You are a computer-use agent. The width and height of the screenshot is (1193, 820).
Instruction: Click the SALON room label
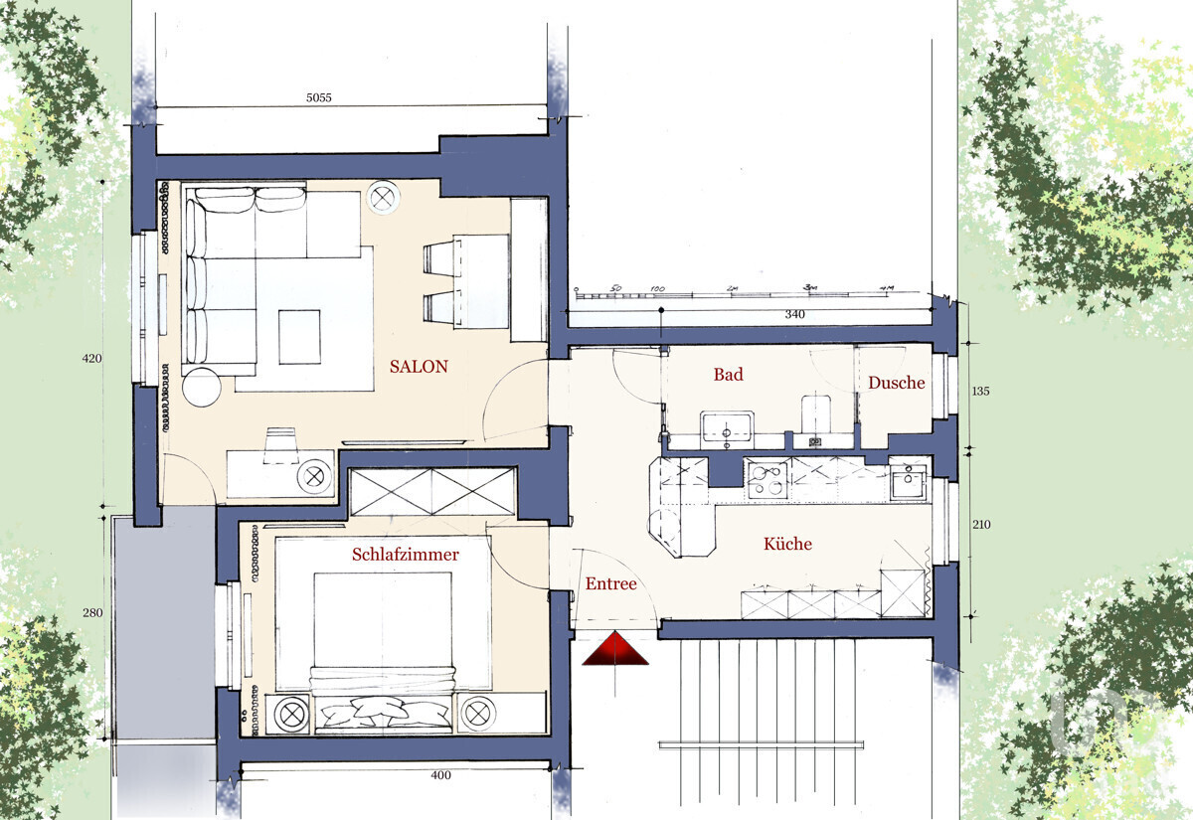[419, 367]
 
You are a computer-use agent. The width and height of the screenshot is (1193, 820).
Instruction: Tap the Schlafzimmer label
[405, 555]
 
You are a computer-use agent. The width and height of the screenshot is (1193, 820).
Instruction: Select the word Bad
[728, 375]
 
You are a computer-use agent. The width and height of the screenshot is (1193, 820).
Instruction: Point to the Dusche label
[896, 383]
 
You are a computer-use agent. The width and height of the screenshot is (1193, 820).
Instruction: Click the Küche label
[787, 544]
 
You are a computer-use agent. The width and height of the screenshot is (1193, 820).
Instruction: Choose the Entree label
[609, 584]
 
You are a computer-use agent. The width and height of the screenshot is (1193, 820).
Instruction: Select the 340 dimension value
[793, 314]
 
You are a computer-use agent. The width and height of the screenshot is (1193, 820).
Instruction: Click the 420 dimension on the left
[91, 358]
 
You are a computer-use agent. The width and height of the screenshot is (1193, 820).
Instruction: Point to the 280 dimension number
[91, 613]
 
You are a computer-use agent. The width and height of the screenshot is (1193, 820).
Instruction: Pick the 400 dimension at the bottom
[440, 775]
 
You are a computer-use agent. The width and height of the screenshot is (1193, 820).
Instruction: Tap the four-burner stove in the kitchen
[767, 479]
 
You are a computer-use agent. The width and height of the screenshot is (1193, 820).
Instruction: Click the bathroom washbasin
[727, 428]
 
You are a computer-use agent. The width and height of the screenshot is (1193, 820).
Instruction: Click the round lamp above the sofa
[383, 197]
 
